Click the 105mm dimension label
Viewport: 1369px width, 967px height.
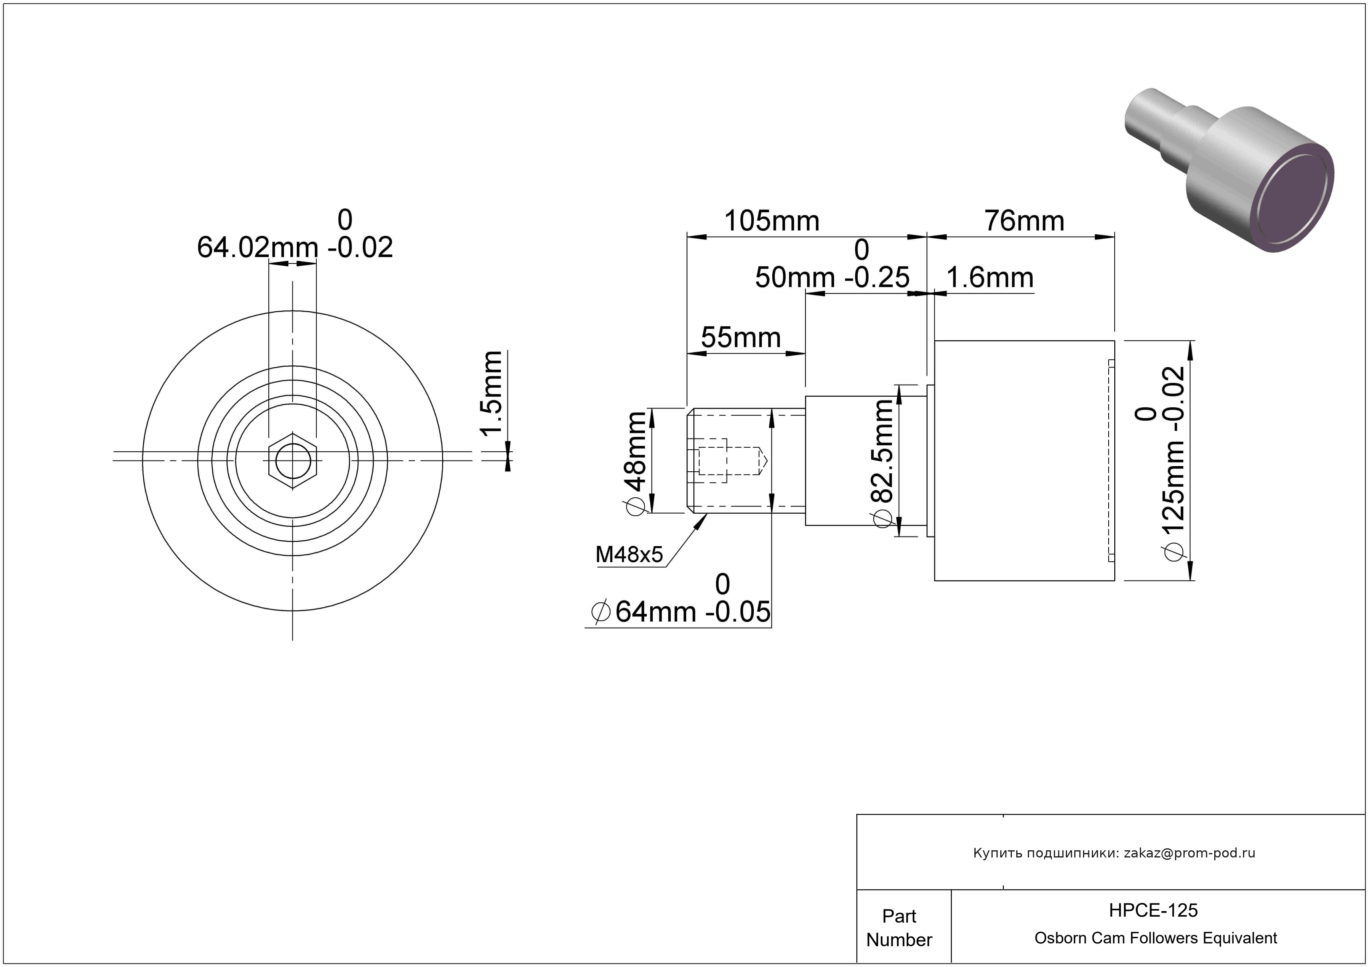pos(771,221)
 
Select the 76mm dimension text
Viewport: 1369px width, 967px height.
pos(1024,221)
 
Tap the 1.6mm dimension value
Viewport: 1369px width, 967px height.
pos(990,278)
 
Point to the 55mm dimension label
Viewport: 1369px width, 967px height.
pos(741,337)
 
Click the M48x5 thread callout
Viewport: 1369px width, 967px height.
pos(629,555)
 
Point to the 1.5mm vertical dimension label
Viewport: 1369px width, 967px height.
pos(492,393)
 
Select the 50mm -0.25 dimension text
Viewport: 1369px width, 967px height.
pos(832,277)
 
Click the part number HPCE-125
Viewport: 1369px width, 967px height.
pos(1153,910)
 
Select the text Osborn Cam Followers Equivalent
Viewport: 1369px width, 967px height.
pos(1155,938)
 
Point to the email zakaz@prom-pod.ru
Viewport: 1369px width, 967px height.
pos(1189,853)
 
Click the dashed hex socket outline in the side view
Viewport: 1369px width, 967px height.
pos(713,461)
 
